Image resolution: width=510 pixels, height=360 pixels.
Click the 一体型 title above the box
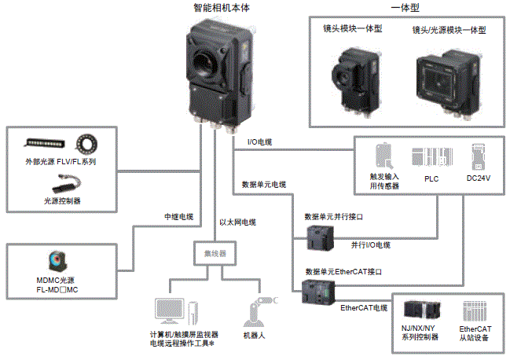pyautogui.click(x=405, y=9)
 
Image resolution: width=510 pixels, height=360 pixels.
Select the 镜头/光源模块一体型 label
pyautogui.click(x=449, y=30)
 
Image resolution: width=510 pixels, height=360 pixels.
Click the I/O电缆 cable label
pyautogui.click(x=260, y=141)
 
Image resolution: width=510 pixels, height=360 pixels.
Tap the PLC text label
pyautogui.click(x=431, y=178)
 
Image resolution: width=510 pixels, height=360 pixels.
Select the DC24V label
pyautogui.click(x=479, y=178)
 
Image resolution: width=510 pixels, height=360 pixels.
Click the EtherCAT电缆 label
pyautogui.click(x=365, y=307)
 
